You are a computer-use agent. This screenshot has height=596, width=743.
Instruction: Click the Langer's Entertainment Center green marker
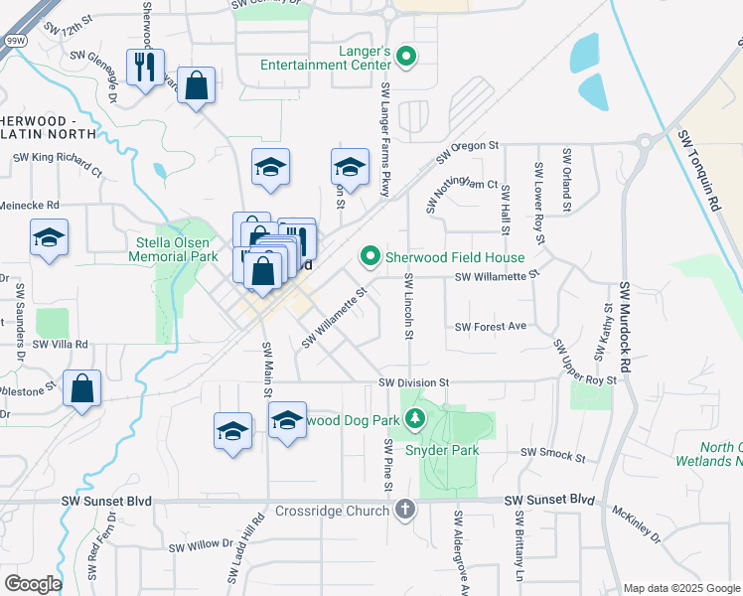click(x=405, y=56)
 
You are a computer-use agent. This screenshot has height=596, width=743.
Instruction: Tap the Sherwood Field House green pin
click(x=371, y=257)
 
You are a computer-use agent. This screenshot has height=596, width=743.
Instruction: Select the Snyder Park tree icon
click(x=416, y=421)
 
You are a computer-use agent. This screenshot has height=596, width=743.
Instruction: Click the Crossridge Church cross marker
click(x=404, y=510)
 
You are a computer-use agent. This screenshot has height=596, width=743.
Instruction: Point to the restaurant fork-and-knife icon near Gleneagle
click(x=145, y=67)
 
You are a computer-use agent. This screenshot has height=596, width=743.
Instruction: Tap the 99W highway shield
click(x=15, y=41)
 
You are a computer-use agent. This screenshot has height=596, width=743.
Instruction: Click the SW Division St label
click(x=414, y=382)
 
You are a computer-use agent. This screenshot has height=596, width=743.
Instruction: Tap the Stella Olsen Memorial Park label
click(x=173, y=249)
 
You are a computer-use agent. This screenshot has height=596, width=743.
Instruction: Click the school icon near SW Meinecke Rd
click(x=49, y=238)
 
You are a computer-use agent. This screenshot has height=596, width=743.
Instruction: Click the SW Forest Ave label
click(x=490, y=326)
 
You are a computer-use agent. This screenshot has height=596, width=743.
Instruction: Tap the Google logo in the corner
click(x=32, y=583)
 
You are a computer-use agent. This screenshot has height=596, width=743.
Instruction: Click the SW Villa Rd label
click(x=61, y=345)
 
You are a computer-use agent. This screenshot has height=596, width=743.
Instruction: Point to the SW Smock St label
click(x=552, y=453)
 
